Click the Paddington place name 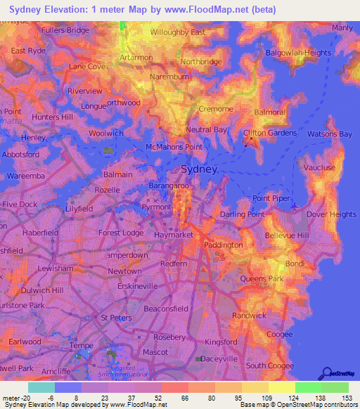click(x=223, y=245)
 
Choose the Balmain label click(x=118, y=174)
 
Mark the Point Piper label click(x=271, y=199)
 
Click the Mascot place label click(x=155, y=351)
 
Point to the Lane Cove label click(x=86, y=66)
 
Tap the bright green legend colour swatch click(x=308, y=387)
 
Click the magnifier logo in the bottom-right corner click(x=326, y=373)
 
